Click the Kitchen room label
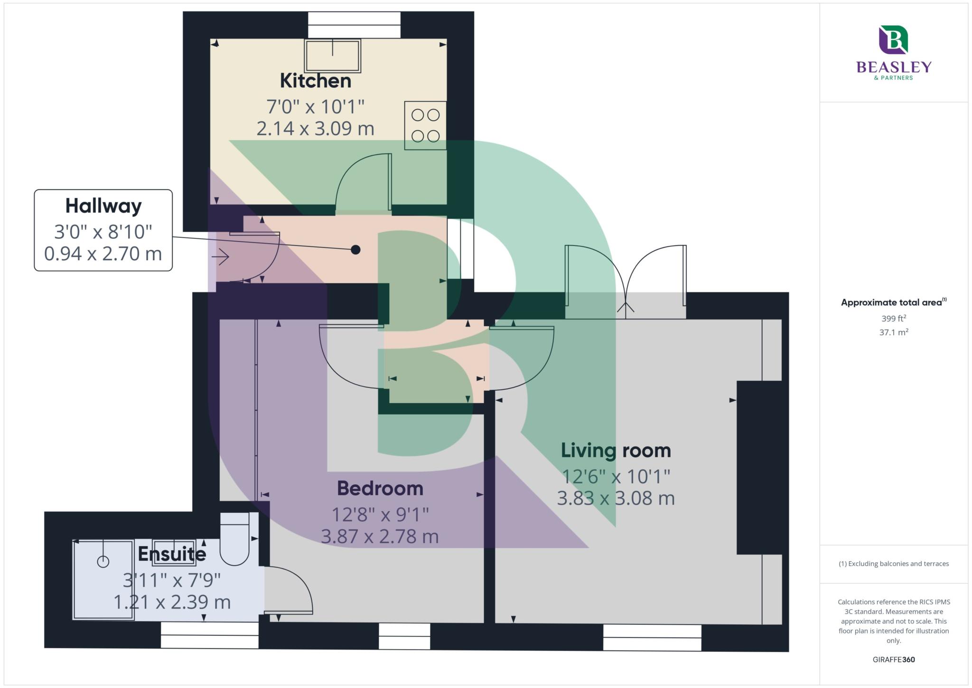point(316,81)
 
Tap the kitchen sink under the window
point(332,56)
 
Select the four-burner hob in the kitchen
point(425,125)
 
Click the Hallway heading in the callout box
point(103,206)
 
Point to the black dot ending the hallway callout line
point(355,249)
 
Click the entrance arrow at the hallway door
point(220,257)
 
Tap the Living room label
point(616,450)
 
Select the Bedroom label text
point(380,488)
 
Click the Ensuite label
point(172,554)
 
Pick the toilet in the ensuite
point(235,538)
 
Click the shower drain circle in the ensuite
point(103,562)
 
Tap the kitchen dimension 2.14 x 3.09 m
point(315,129)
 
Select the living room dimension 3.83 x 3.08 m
point(616,499)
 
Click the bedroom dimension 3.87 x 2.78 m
point(380,537)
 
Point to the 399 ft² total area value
point(894,319)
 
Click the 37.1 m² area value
point(894,332)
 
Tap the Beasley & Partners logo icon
point(893,40)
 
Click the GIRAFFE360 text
point(894,660)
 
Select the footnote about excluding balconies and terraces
point(894,564)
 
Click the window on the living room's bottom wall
point(652,638)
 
